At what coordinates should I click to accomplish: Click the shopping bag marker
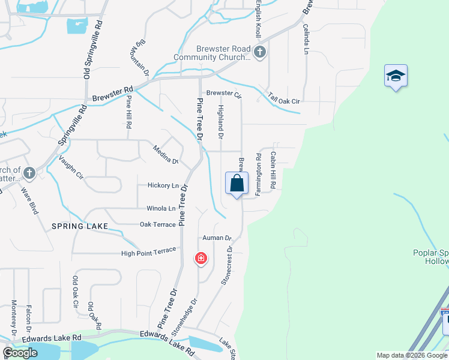point(237,184)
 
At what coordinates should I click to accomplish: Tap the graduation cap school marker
point(396,76)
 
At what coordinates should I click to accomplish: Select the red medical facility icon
point(201,259)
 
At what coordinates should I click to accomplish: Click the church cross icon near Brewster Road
point(259,52)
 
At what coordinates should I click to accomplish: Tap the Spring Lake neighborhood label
point(80,226)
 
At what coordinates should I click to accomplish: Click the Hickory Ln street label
point(163,186)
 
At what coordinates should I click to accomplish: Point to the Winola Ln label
point(161,209)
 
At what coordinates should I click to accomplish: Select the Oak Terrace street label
point(158,224)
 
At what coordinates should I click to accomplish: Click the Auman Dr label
point(217,238)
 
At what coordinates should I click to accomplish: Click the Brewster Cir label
point(223,94)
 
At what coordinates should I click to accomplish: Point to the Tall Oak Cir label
point(284,101)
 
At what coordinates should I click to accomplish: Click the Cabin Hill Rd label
point(272,170)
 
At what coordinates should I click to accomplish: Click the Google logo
point(20,353)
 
